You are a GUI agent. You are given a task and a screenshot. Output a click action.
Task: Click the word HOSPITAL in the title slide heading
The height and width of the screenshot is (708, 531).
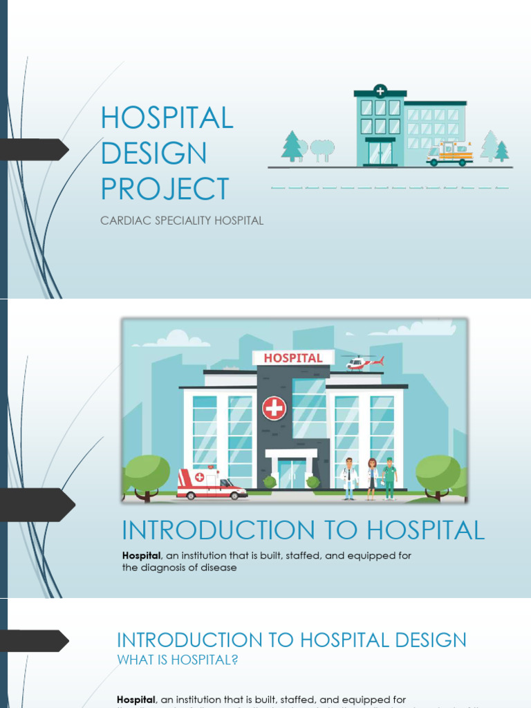[x=167, y=118]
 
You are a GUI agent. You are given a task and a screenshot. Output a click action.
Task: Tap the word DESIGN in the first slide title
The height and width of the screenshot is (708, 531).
[x=153, y=153]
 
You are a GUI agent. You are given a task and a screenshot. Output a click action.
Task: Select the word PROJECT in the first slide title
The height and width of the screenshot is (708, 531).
[x=165, y=189]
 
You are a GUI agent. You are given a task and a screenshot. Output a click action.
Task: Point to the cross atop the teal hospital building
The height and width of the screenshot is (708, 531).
[x=380, y=91]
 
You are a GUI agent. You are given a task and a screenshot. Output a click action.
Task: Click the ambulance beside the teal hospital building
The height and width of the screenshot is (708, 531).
[x=449, y=154]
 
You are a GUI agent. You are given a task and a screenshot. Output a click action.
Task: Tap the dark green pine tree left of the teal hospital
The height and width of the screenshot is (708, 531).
[x=292, y=147]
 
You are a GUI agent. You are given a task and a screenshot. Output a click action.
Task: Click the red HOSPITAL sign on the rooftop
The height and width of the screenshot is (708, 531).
[x=293, y=358]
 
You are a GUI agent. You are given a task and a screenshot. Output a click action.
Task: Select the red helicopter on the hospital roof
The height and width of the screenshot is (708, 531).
[x=363, y=362]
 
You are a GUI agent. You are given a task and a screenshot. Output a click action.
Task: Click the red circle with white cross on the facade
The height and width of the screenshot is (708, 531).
[x=274, y=408]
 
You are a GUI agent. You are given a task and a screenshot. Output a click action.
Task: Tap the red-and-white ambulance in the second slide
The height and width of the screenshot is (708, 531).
[x=210, y=484]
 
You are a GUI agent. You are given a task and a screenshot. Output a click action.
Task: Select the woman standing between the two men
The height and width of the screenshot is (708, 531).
[x=372, y=478]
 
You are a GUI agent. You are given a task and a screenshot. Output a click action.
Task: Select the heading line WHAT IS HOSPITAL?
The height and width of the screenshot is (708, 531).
[x=178, y=660]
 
